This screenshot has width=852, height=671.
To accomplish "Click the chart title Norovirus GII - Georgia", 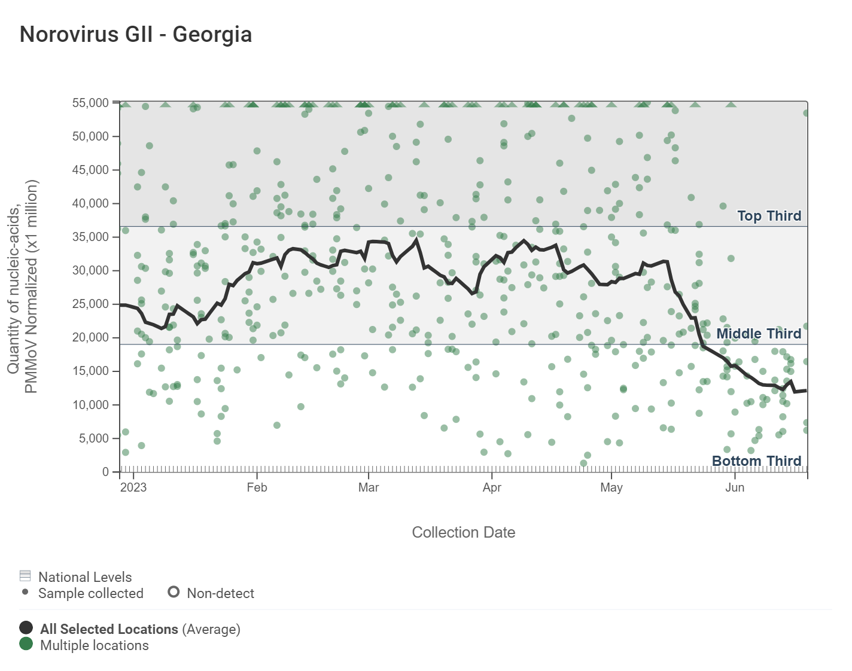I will coord(136,35).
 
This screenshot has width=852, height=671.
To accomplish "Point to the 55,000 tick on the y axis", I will coord(90,103).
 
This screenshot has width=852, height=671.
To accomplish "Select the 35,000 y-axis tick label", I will coord(90,237).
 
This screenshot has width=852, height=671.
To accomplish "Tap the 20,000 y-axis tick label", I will coord(90,338).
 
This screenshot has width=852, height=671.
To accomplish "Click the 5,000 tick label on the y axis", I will coord(93,439).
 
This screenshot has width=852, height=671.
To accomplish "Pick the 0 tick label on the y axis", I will coord(106,472).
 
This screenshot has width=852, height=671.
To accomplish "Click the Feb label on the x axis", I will coord(257,487).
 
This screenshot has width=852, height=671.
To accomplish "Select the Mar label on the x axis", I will coord(369,487).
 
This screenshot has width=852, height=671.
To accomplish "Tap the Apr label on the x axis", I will coord(492,487).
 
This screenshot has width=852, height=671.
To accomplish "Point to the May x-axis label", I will coord(611,487).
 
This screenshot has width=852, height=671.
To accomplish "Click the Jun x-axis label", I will coord(735,487).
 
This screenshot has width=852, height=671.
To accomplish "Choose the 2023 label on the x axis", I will coord(133,487).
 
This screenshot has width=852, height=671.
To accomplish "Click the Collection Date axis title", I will coord(463,532).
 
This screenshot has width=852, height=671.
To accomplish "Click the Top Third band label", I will coord(769,216).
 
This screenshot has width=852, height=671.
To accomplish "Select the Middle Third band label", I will coord(759,334).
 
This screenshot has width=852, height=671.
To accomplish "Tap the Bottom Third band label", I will coord(756,461).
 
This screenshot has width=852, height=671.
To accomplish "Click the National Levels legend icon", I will coord(25,576).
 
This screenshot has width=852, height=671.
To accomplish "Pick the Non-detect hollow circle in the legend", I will coord(174,592).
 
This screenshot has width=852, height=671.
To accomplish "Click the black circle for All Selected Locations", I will coord(26,627).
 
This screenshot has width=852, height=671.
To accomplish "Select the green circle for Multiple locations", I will coord(26,643).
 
